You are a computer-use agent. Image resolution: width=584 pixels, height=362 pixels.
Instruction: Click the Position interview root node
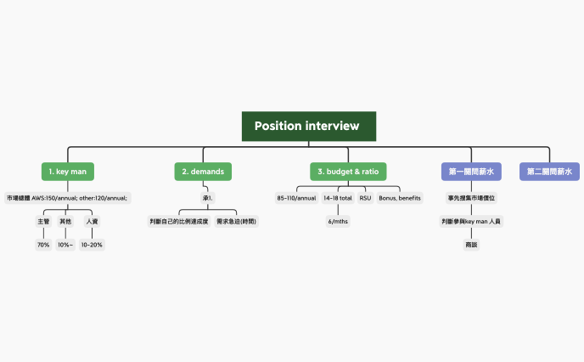(308, 126)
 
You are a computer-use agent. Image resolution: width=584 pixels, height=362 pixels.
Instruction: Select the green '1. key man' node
(66, 172)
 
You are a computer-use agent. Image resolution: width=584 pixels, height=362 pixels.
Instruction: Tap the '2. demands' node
(203, 172)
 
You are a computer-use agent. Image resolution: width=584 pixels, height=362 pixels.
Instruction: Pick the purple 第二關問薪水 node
(549, 172)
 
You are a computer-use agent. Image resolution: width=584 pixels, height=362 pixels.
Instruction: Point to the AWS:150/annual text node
(67, 198)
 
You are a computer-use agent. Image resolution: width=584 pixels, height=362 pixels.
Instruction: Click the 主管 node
(42, 221)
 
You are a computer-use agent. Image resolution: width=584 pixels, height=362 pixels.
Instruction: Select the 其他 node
(65, 221)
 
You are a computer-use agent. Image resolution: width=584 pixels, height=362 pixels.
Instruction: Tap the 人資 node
(92, 221)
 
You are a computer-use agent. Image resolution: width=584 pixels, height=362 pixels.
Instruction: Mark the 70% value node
(42, 245)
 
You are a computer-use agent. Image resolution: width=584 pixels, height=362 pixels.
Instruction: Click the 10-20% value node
(92, 245)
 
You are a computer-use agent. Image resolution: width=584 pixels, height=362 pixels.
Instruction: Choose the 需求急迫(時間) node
(236, 221)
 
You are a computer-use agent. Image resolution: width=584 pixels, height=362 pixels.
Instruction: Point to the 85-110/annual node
(296, 198)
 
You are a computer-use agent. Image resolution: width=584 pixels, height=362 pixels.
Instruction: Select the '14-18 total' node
(338, 198)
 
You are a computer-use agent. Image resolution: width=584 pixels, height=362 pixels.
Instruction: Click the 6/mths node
(338, 221)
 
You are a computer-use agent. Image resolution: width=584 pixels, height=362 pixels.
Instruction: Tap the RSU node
(365, 198)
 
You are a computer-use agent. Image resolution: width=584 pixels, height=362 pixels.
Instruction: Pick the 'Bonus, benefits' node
(400, 198)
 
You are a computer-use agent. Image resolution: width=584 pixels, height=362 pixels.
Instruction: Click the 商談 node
(471, 245)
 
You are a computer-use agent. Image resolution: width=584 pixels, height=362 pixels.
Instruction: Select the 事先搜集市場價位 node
(471, 198)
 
